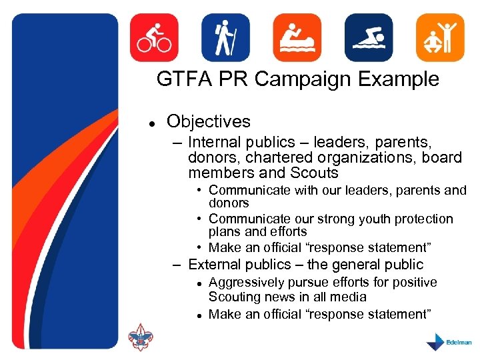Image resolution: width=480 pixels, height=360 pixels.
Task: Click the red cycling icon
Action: pos(154,38)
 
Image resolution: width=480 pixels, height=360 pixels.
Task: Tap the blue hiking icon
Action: pos(225,38)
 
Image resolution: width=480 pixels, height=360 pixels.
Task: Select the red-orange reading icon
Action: pos(297,38)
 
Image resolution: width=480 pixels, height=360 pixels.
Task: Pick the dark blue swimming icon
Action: pos(368,38)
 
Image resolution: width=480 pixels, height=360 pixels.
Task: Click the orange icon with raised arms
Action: pos(439,38)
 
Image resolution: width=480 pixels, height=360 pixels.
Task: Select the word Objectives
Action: pos(209,122)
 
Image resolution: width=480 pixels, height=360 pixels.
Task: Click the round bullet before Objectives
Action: pos(152,123)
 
